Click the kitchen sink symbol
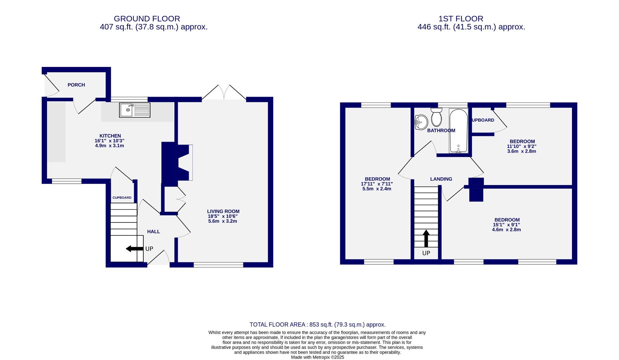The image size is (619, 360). [x=135, y=110]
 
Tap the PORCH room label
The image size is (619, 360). [x=76, y=85]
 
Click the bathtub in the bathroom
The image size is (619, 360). [x=459, y=131]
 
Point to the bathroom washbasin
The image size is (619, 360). [x=421, y=122]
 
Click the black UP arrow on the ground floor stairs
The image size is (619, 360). [x=134, y=249]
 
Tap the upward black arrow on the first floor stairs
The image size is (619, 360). [x=426, y=238]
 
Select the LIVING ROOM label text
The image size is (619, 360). [x=223, y=211]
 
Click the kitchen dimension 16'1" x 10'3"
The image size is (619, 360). [x=110, y=141]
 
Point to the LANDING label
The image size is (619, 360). [x=441, y=179]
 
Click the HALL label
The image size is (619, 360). [x=154, y=232]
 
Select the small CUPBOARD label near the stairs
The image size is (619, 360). [x=122, y=198]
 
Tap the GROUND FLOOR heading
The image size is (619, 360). [x=147, y=19]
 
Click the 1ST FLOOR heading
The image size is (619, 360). [x=461, y=19]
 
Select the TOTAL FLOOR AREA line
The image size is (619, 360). [x=318, y=325]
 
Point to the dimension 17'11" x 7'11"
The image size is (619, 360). [x=377, y=184]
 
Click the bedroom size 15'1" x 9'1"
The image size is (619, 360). [x=507, y=225]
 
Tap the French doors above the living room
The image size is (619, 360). [x=224, y=93]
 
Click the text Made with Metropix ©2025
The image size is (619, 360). [x=317, y=357]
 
